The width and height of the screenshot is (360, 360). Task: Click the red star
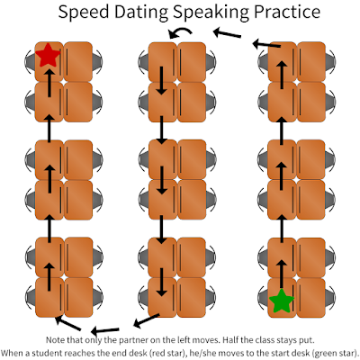(x=48, y=55)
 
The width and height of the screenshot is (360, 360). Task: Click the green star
(x=282, y=301)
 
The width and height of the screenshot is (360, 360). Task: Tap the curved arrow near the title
(x=180, y=32)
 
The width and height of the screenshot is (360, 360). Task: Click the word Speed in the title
(x=83, y=13)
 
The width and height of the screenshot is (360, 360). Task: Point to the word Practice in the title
(x=287, y=12)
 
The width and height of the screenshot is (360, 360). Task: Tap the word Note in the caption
(x=56, y=340)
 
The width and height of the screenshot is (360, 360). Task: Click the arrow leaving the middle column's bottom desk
(x=147, y=320)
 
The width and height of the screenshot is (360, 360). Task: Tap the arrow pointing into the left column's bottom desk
(x=68, y=323)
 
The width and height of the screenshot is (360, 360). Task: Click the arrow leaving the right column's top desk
(x=266, y=44)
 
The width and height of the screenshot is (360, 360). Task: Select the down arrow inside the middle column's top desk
(x=162, y=80)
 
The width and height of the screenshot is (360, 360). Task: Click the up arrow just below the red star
(x=49, y=83)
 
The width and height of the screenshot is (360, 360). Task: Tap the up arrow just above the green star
(x=281, y=274)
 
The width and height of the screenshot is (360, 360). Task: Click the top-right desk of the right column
(x=311, y=62)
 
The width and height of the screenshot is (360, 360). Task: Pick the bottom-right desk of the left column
(x=78, y=298)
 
